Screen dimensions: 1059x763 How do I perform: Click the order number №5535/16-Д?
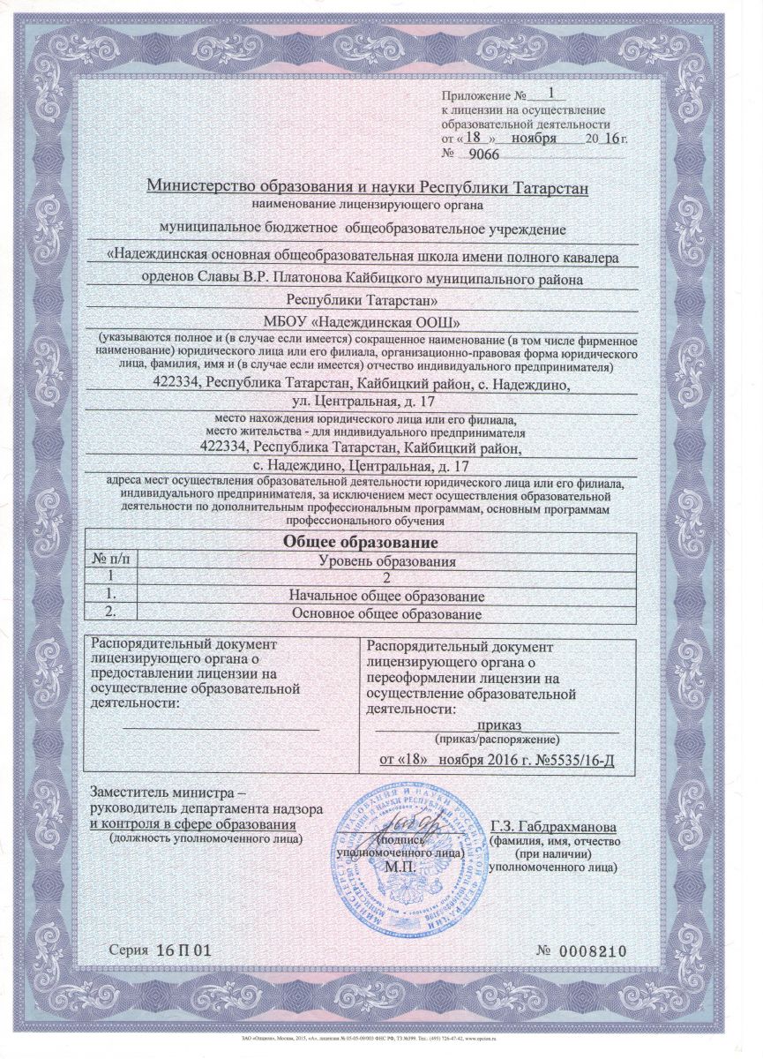(570, 758)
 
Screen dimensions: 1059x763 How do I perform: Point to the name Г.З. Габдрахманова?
(552, 826)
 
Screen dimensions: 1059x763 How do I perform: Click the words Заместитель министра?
(165, 792)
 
